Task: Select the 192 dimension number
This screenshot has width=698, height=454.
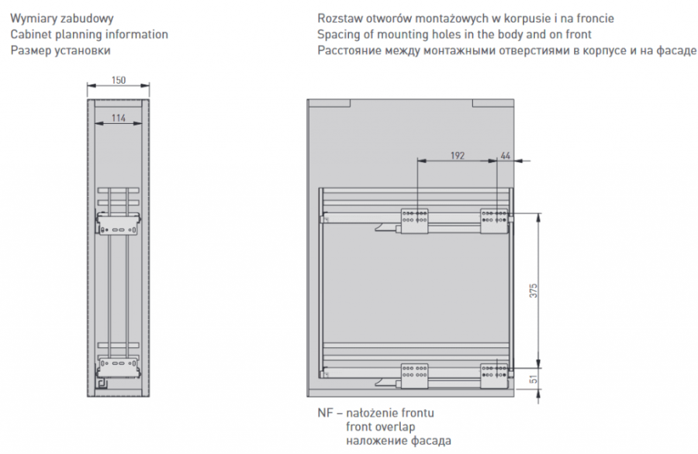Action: [458, 156]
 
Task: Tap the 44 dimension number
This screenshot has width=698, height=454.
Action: [506, 156]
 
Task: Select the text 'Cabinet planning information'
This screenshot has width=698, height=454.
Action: [88, 35]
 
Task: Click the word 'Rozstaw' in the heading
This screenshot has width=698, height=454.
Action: [340, 19]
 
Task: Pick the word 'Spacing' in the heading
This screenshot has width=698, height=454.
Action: [339, 35]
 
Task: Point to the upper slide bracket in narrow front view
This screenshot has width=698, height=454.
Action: [119, 226]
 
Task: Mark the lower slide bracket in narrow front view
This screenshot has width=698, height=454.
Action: [119, 366]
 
